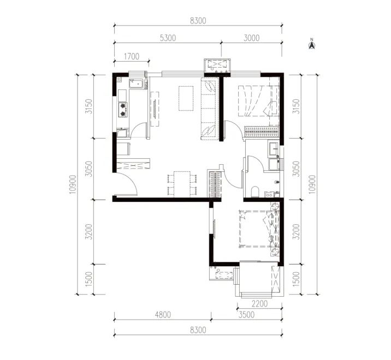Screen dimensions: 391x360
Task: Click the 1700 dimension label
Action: [x=132, y=57]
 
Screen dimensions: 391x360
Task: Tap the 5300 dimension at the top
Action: [x=168, y=38]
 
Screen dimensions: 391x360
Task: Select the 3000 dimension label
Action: [x=251, y=38]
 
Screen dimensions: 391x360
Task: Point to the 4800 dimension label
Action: [x=163, y=315]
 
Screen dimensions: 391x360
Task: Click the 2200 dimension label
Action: [x=259, y=304]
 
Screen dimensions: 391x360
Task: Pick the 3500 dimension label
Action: [x=246, y=315]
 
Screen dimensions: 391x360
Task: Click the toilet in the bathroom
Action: [x=255, y=191]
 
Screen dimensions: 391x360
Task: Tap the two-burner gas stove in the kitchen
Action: [x=123, y=110]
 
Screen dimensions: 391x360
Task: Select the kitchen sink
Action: [x=136, y=83]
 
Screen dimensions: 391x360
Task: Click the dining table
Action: [x=182, y=184]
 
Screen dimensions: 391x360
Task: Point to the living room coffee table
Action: [x=186, y=98]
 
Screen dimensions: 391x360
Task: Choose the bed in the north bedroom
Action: [x=258, y=101]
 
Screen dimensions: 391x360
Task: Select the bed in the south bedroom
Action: [x=259, y=229]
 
